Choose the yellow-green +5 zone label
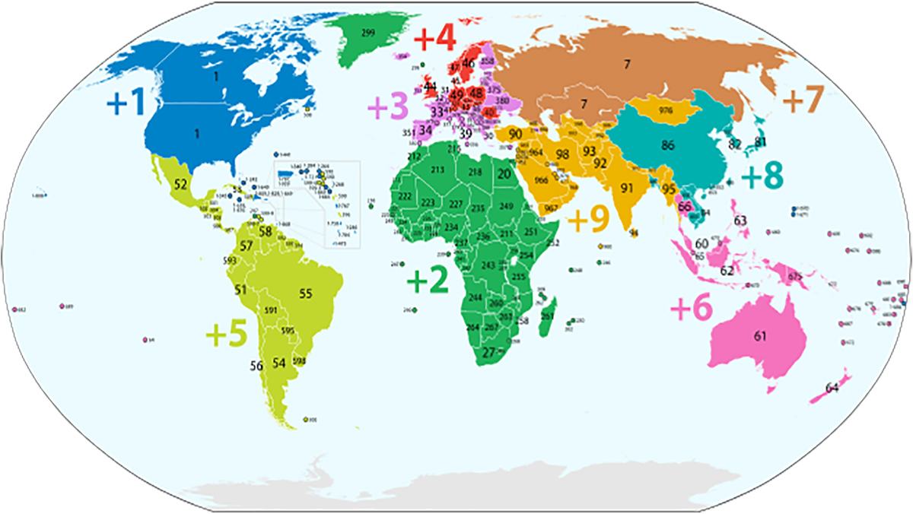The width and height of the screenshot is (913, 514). tap(227, 334)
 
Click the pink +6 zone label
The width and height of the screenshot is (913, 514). tap(691, 309)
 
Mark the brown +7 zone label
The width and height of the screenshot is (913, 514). tap(803, 100)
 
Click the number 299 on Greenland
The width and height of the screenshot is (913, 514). tap(367, 33)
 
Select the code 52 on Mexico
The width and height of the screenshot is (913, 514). tap(180, 184)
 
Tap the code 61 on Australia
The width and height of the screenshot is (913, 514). tap(759, 336)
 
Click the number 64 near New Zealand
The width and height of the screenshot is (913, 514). tap(832, 389)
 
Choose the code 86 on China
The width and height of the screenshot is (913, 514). tap(670, 144)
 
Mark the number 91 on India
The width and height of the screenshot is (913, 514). tap(628, 187)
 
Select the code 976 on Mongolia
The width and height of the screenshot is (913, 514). tap(666, 110)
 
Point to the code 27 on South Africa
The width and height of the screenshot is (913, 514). tap(489, 352)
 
